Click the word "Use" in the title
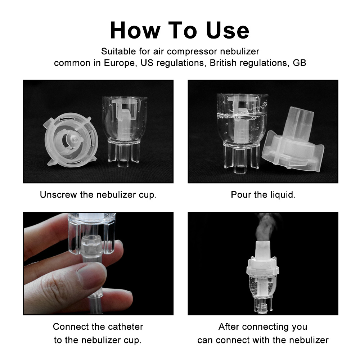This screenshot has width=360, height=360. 228,31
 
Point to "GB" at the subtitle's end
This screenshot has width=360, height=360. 299,63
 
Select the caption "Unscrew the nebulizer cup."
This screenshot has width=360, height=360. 98,195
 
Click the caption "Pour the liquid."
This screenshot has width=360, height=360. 263,195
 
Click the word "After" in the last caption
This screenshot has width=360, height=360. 229,327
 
